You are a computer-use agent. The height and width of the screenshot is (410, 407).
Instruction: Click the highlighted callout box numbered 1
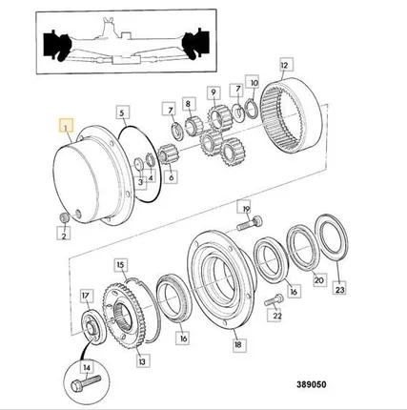(x=67, y=125)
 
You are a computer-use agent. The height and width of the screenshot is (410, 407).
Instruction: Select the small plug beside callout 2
(x=65, y=217)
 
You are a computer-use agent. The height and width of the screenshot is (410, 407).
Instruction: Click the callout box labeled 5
(x=122, y=113)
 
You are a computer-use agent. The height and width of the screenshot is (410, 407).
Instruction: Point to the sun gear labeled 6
(x=168, y=154)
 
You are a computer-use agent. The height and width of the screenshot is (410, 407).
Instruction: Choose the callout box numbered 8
(x=188, y=104)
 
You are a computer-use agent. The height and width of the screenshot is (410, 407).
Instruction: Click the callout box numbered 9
(x=214, y=92)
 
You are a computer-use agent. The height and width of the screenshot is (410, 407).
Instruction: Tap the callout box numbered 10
(x=254, y=83)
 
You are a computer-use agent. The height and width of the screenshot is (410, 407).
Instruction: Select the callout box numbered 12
(x=285, y=65)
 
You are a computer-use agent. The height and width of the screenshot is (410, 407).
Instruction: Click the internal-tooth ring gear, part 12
(x=292, y=115)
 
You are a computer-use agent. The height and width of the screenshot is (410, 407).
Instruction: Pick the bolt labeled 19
(x=250, y=223)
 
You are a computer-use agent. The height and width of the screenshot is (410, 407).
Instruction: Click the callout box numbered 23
(x=339, y=289)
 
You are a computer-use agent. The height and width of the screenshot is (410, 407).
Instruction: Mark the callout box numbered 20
(x=318, y=279)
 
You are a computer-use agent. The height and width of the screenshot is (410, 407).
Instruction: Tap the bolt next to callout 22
(x=274, y=299)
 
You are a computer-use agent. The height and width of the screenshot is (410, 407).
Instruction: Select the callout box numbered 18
(x=238, y=344)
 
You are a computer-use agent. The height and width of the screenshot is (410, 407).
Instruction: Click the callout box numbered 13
(x=142, y=361)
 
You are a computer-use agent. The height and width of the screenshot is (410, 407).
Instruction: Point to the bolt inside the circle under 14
(x=87, y=383)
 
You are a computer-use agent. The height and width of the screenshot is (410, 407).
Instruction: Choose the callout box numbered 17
(x=86, y=296)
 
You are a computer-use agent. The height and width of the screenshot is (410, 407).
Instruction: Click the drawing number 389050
(x=312, y=384)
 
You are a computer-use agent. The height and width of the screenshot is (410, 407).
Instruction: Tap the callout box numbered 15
(x=120, y=265)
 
